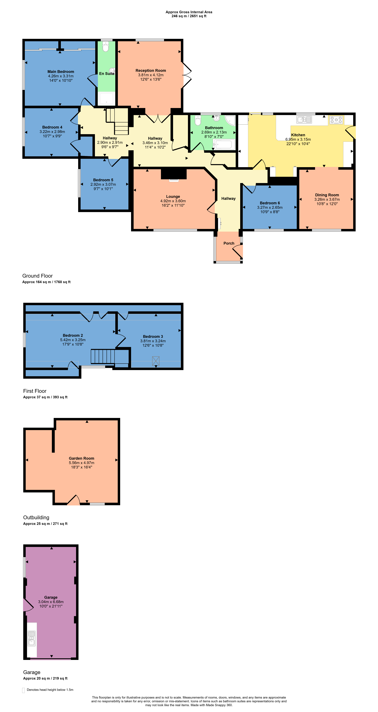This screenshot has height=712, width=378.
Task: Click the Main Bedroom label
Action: pyautogui.click(x=61, y=72)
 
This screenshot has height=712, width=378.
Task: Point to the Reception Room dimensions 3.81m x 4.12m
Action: pyautogui.click(x=151, y=75)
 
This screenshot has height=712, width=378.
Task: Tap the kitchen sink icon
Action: pyautogui.click(x=304, y=120)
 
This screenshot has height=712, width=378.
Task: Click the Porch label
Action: pyautogui.click(x=229, y=243)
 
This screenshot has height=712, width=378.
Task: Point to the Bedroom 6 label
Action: pyautogui.click(x=270, y=203)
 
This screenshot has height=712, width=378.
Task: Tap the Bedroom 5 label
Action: pyautogui.click(x=103, y=180)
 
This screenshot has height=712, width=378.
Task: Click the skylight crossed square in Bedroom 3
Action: pyautogui.click(x=156, y=361)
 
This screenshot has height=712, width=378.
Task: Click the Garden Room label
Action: pyautogui.click(x=81, y=458)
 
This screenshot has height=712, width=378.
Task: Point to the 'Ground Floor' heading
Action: pyautogui.click(x=38, y=276)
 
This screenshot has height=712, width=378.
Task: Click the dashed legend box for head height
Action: pyautogui.click(x=23, y=690)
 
